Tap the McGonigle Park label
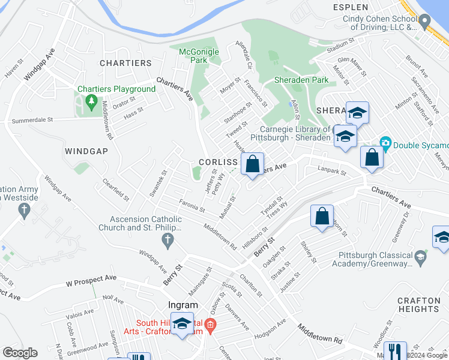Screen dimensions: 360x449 tap(199, 56)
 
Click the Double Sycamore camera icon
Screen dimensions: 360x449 tap(385, 143)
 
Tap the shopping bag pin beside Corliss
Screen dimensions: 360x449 tap(253, 163)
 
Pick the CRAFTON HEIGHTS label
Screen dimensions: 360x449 tap(418, 305)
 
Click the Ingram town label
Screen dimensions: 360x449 tap(183, 305)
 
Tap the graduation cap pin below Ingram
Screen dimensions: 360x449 tap(181, 324)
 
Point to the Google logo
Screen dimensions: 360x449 tap(20, 352)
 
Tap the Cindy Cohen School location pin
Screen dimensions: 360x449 tap(425, 23)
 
